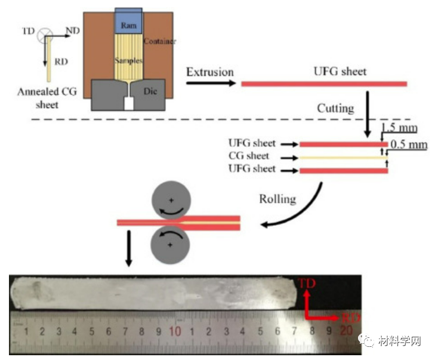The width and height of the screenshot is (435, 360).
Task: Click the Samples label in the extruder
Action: [x=128, y=61]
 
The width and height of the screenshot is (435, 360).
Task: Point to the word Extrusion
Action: [x=209, y=72]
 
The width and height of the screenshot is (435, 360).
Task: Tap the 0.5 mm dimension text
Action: [x=408, y=144]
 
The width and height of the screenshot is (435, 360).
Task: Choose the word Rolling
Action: [x=277, y=198]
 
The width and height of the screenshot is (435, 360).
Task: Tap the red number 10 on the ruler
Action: [x=175, y=331]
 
